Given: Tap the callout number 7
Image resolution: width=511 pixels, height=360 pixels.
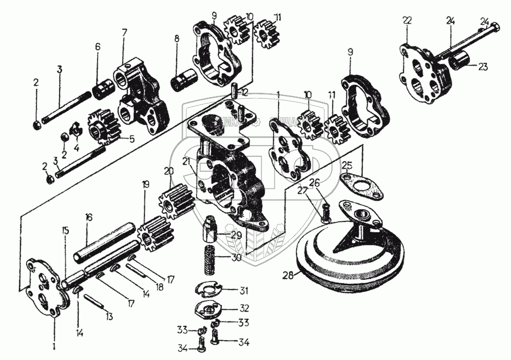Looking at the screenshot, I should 124,31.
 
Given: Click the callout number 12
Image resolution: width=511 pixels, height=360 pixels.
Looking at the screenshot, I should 245,92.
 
